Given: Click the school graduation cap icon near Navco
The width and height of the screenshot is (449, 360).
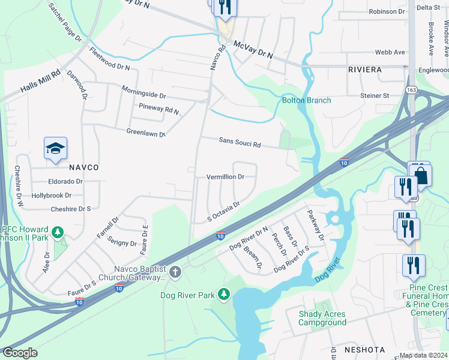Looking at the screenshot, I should (55, 148).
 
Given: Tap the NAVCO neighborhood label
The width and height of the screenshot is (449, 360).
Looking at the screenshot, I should (83, 167).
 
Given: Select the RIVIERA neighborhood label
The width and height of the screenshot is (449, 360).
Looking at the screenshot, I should (365, 70).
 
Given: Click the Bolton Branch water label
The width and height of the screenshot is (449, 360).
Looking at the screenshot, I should (306, 100).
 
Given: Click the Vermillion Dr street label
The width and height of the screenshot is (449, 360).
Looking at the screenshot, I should (225, 177).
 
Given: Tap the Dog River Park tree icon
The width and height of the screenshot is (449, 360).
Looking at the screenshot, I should (223, 294).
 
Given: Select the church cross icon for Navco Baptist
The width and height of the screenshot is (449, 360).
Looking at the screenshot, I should (175, 273).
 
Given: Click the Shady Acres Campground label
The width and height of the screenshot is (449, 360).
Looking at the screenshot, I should (323, 318).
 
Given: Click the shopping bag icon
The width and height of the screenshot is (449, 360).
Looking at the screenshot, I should (421, 175).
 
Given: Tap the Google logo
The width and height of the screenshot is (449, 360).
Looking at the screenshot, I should (20, 353).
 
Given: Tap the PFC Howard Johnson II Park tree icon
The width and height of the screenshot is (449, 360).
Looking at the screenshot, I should (58, 232).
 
